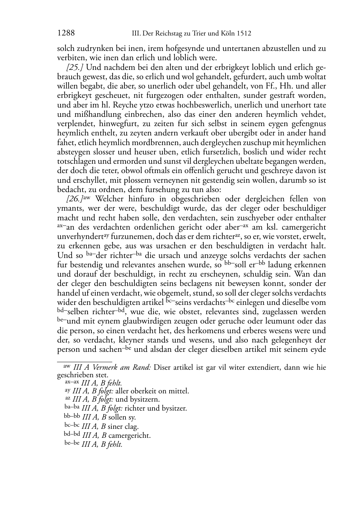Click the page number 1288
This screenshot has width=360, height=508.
[66, 33]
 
